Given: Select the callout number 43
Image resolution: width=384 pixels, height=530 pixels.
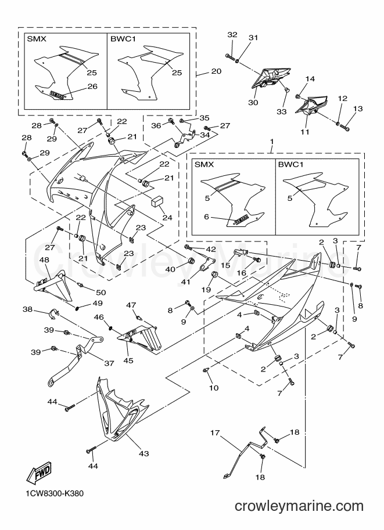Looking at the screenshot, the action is point(144,453).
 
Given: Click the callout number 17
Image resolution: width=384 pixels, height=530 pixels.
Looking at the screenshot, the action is point(215,432).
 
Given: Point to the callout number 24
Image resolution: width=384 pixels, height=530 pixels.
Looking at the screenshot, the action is point(167,217).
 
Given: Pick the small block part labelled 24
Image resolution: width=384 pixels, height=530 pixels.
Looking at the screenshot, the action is point(156,200).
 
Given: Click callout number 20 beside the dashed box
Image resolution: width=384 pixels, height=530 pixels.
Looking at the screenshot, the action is point(216,71).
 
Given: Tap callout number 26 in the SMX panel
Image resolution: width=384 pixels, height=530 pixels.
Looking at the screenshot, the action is point(92,86).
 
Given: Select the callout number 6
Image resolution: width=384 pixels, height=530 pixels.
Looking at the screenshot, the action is point(206,217).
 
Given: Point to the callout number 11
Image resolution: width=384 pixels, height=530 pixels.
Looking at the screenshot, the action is point(305,132).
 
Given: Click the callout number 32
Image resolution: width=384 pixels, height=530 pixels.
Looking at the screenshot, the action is point(232,34).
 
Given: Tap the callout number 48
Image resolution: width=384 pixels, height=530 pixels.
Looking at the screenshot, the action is point(44,259).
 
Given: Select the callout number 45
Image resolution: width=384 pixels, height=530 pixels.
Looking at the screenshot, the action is point(128,360).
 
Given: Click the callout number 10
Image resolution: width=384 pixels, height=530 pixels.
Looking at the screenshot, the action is point(213,388).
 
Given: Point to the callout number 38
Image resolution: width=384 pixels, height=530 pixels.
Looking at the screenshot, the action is point(28,309).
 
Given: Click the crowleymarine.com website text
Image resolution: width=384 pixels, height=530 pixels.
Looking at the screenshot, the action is point(299,506).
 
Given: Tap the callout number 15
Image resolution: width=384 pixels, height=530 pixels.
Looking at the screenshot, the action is point(225,265).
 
